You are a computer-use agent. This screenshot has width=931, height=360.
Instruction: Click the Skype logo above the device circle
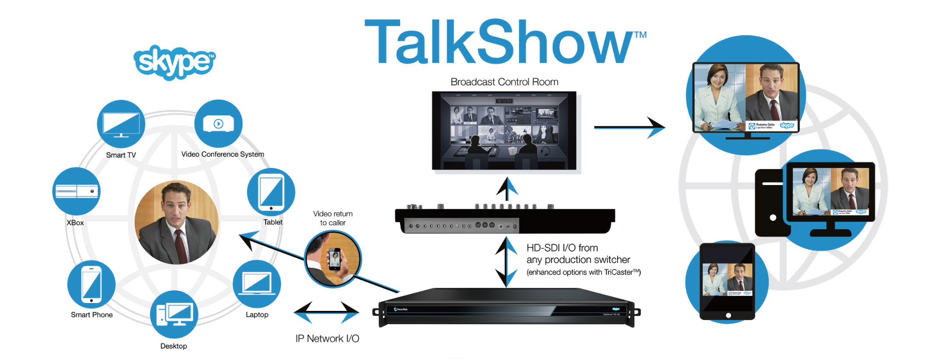tap(174, 62)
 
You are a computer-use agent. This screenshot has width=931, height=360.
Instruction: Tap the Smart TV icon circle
tap(121, 124)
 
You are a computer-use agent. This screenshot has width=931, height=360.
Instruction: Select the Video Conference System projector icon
tap(218, 124)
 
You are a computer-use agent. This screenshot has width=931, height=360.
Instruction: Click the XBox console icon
tap(76, 191)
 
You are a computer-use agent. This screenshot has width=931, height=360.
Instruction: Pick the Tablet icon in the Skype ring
tap(271, 192)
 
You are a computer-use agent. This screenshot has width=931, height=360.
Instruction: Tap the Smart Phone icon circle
tap(91, 284)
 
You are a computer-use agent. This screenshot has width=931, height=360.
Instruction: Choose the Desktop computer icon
tap(174, 314)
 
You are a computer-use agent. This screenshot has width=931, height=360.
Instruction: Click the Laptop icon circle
tap(257, 284)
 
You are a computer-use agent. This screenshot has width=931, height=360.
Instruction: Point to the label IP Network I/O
tap(327, 339)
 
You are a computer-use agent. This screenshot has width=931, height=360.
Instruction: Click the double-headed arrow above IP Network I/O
tap(327, 313)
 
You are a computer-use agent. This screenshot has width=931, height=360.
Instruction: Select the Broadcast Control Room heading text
tap(504, 82)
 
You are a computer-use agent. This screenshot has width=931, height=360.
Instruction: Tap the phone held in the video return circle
tap(335, 259)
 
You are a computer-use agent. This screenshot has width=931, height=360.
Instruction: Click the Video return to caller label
tap(333, 218)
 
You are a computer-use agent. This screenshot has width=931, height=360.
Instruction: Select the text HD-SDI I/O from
tap(562, 248)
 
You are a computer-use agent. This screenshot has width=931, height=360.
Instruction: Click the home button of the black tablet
tap(728, 315)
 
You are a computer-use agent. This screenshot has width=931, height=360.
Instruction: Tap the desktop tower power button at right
tap(773, 217)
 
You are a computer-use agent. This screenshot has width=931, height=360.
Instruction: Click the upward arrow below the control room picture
tap(507, 189)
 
